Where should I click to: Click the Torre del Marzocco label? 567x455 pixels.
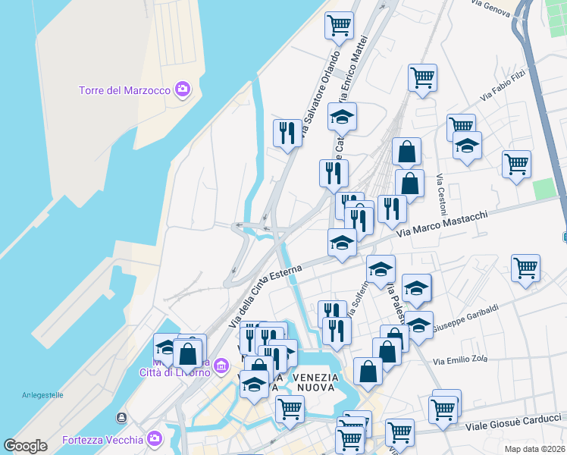point(124,90)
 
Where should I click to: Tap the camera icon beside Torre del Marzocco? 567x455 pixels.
point(182,90)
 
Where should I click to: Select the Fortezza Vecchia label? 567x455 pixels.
point(102,440)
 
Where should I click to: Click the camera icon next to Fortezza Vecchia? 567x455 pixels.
point(155,439)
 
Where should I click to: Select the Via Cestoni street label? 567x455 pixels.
point(440,194)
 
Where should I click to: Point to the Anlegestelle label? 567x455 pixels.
point(42,395)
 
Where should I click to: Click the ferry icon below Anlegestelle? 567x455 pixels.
point(121,418)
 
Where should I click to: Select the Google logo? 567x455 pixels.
point(25,446)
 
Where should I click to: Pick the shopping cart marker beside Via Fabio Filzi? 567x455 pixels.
point(422,76)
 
